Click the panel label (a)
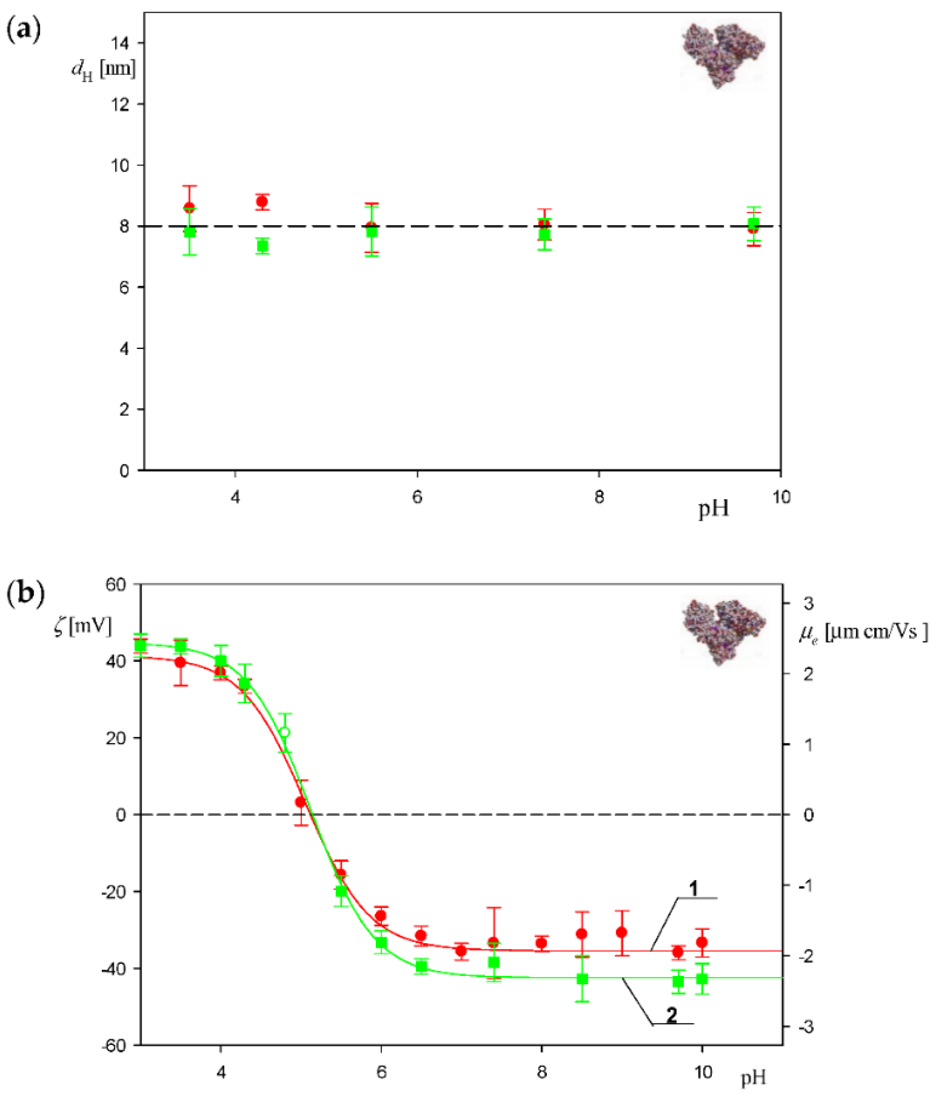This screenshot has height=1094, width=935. click(x=23, y=30)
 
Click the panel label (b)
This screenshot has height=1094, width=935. click(x=25, y=592)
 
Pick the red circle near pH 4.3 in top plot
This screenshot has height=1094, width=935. click(x=262, y=201)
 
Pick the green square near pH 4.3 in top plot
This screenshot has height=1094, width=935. click(x=262, y=246)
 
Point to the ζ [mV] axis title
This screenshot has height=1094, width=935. click(x=83, y=627)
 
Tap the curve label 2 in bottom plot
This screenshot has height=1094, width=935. click(x=671, y=1015)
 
